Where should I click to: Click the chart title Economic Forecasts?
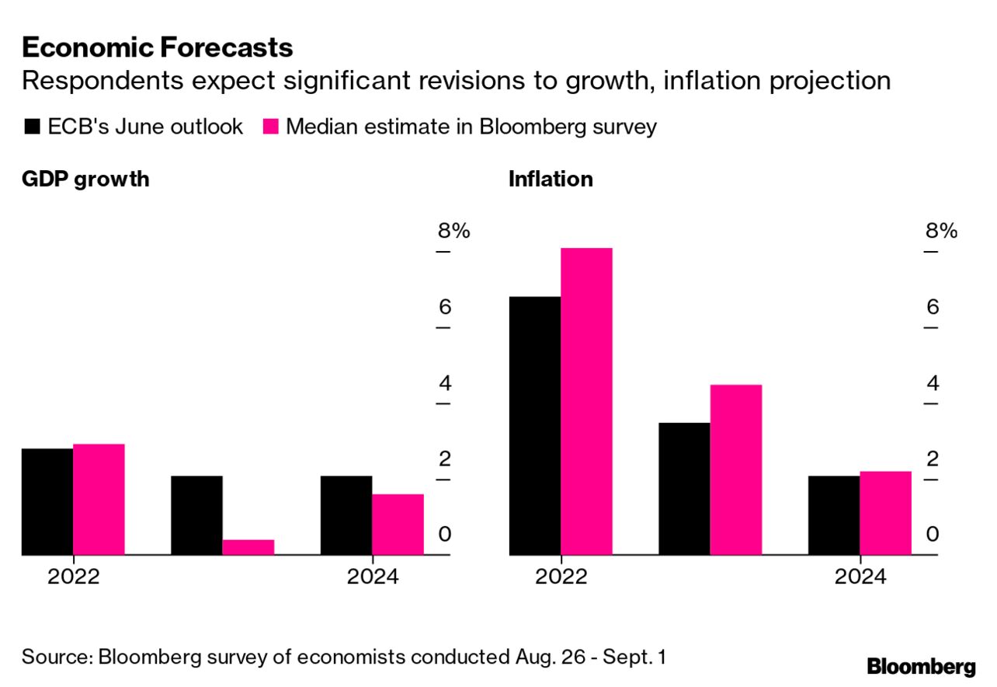(158, 47)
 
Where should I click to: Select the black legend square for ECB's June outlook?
(32, 127)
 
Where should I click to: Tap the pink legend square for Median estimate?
(270, 127)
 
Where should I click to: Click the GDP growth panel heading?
(85, 180)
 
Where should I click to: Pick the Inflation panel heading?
(551, 180)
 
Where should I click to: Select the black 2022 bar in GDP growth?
(47, 502)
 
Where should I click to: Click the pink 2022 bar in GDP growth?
(99, 500)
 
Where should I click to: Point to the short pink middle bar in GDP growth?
(248, 547)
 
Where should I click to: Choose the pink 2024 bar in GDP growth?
(398, 525)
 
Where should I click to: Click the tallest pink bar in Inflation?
(586, 402)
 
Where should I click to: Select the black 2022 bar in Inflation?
(535, 426)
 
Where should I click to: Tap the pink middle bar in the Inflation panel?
(735, 470)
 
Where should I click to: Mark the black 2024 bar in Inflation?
(834, 515)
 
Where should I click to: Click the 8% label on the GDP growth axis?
(453, 231)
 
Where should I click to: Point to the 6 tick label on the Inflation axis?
(933, 307)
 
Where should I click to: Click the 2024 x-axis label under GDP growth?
(373, 577)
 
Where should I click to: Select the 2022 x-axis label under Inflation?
(561, 577)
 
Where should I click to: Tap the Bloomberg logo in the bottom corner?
(921, 666)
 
